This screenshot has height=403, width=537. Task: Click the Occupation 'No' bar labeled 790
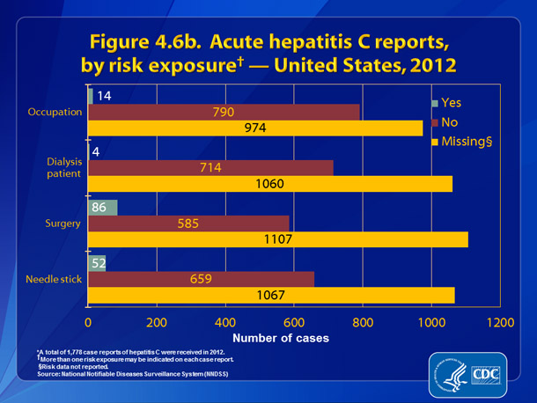pyautogui.click(x=224, y=112)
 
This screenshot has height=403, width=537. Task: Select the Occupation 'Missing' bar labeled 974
pyautogui.click(x=255, y=128)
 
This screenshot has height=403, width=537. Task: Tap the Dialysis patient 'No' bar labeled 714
pyautogui.click(x=210, y=167)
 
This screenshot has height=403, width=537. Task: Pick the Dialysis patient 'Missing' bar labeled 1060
pyautogui.click(x=270, y=184)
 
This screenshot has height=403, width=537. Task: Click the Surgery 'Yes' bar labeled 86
pyautogui.click(x=102, y=207)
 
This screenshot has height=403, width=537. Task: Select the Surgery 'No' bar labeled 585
pyautogui.click(x=188, y=223)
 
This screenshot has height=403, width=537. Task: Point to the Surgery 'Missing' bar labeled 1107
pyautogui.click(x=278, y=239)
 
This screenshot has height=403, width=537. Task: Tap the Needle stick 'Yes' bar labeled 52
pyautogui.click(x=97, y=262)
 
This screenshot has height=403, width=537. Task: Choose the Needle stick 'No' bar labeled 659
pyautogui.click(x=201, y=279)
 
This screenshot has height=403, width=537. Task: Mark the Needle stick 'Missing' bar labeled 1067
pyautogui.click(x=271, y=295)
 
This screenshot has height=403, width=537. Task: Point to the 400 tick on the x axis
pyautogui.click(x=225, y=322)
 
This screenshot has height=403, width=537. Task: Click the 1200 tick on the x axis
pyautogui.click(x=500, y=322)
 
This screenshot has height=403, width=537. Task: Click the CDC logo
pyautogui.click(x=485, y=372)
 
